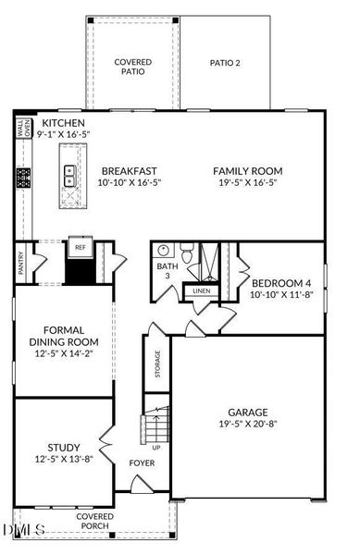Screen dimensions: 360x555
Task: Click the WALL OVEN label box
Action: (24, 129)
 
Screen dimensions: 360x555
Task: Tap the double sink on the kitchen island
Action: (70, 176)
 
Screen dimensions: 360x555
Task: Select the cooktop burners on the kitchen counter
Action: (23, 178)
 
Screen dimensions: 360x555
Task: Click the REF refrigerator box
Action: (81, 247)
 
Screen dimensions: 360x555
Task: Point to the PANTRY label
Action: (21, 263)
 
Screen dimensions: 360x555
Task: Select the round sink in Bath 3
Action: (163, 251)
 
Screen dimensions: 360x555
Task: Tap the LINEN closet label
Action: (202, 291)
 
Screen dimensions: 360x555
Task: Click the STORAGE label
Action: (157, 364)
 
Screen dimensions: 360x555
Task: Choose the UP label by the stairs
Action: (156, 448)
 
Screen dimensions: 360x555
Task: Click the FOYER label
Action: (142, 463)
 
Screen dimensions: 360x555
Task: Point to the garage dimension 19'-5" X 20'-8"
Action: (248, 424)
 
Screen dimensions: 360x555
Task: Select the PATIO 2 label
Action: (225, 63)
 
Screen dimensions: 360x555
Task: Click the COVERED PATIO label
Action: (133, 67)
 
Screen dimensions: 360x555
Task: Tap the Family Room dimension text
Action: (248, 182)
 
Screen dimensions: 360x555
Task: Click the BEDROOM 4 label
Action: (281, 283)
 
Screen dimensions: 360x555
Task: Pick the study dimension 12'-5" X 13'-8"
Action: (64, 459)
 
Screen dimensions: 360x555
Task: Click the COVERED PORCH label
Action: (95, 522)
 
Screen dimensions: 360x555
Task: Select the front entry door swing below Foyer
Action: (142, 484)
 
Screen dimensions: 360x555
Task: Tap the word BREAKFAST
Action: (130, 171)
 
